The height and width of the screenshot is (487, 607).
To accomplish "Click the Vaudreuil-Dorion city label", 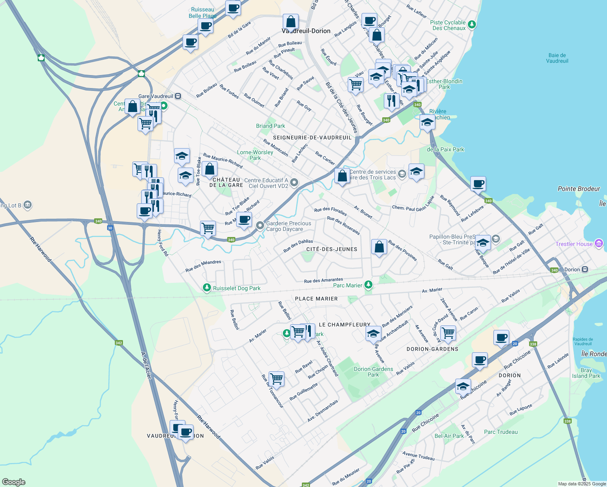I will pos(306,31).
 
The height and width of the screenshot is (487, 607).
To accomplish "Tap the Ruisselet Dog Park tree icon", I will pos(207,288).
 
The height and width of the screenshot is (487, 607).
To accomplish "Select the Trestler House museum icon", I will pos(599,243).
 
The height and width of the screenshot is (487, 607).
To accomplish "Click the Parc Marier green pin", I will pos(368,285).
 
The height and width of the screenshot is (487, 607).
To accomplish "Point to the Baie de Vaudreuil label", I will pos(557,58).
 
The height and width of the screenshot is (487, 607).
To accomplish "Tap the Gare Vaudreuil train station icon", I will pos(178,96).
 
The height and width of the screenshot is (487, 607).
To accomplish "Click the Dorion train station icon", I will pos(585,269).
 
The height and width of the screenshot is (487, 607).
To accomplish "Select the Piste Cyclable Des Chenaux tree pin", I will pos(471,25).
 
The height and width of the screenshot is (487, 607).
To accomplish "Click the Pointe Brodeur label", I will pos(579,189).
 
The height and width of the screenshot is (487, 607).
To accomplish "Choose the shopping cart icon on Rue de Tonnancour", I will pos(277,379).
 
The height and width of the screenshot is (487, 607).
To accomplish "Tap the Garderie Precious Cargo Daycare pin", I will pos(260,226).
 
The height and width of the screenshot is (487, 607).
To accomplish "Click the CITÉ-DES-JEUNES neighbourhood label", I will pos(332,249).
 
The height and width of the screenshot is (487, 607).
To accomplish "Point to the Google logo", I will pos(13,482).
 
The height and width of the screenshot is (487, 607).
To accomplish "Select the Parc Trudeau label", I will pos(501,432).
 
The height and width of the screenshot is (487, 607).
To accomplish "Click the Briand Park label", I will pos(270,126).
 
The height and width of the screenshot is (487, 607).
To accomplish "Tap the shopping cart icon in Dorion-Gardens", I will pos(448,333).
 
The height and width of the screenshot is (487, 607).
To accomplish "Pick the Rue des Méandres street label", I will pos(203,266).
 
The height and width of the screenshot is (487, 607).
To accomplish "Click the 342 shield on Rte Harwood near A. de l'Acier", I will pos(118,343).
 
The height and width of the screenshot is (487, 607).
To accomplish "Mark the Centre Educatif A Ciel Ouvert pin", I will pos(295,183).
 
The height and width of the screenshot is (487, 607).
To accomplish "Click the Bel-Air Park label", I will pos(449,436).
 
